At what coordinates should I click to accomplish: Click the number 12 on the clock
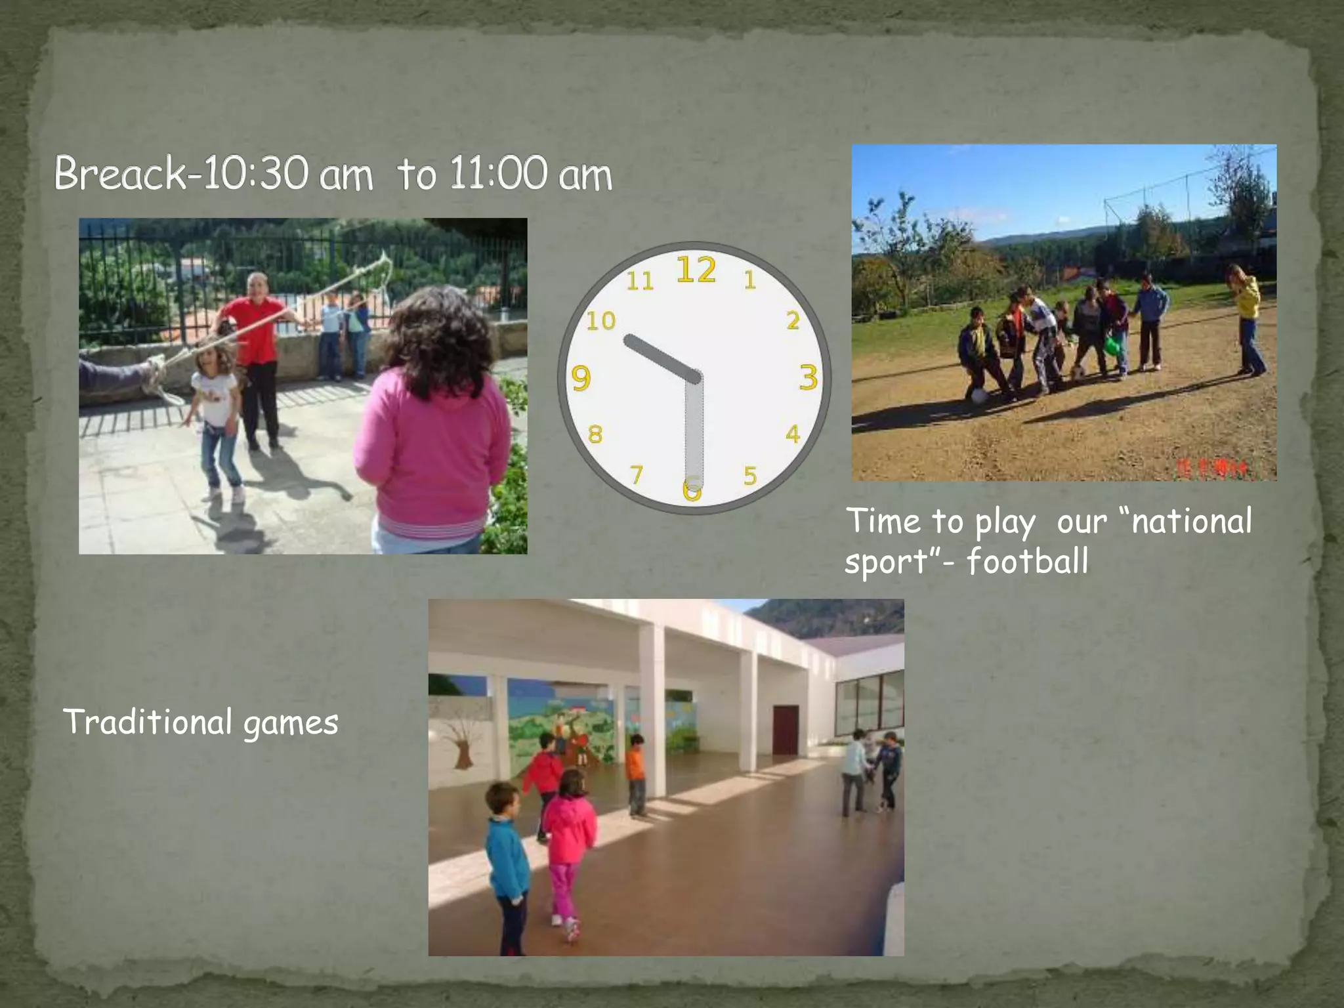point(696,270)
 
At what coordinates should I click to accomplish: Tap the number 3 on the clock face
point(808,377)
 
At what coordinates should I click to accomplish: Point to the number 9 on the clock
point(581,378)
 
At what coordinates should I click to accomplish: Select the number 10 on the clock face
point(600,321)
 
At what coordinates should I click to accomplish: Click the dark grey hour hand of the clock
point(660,358)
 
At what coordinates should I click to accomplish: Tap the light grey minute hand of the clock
point(694,433)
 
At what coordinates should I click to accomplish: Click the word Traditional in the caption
point(148,721)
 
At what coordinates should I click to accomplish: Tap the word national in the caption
point(1192,521)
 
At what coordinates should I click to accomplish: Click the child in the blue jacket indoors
point(507,853)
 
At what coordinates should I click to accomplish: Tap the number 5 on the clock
point(750,475)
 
